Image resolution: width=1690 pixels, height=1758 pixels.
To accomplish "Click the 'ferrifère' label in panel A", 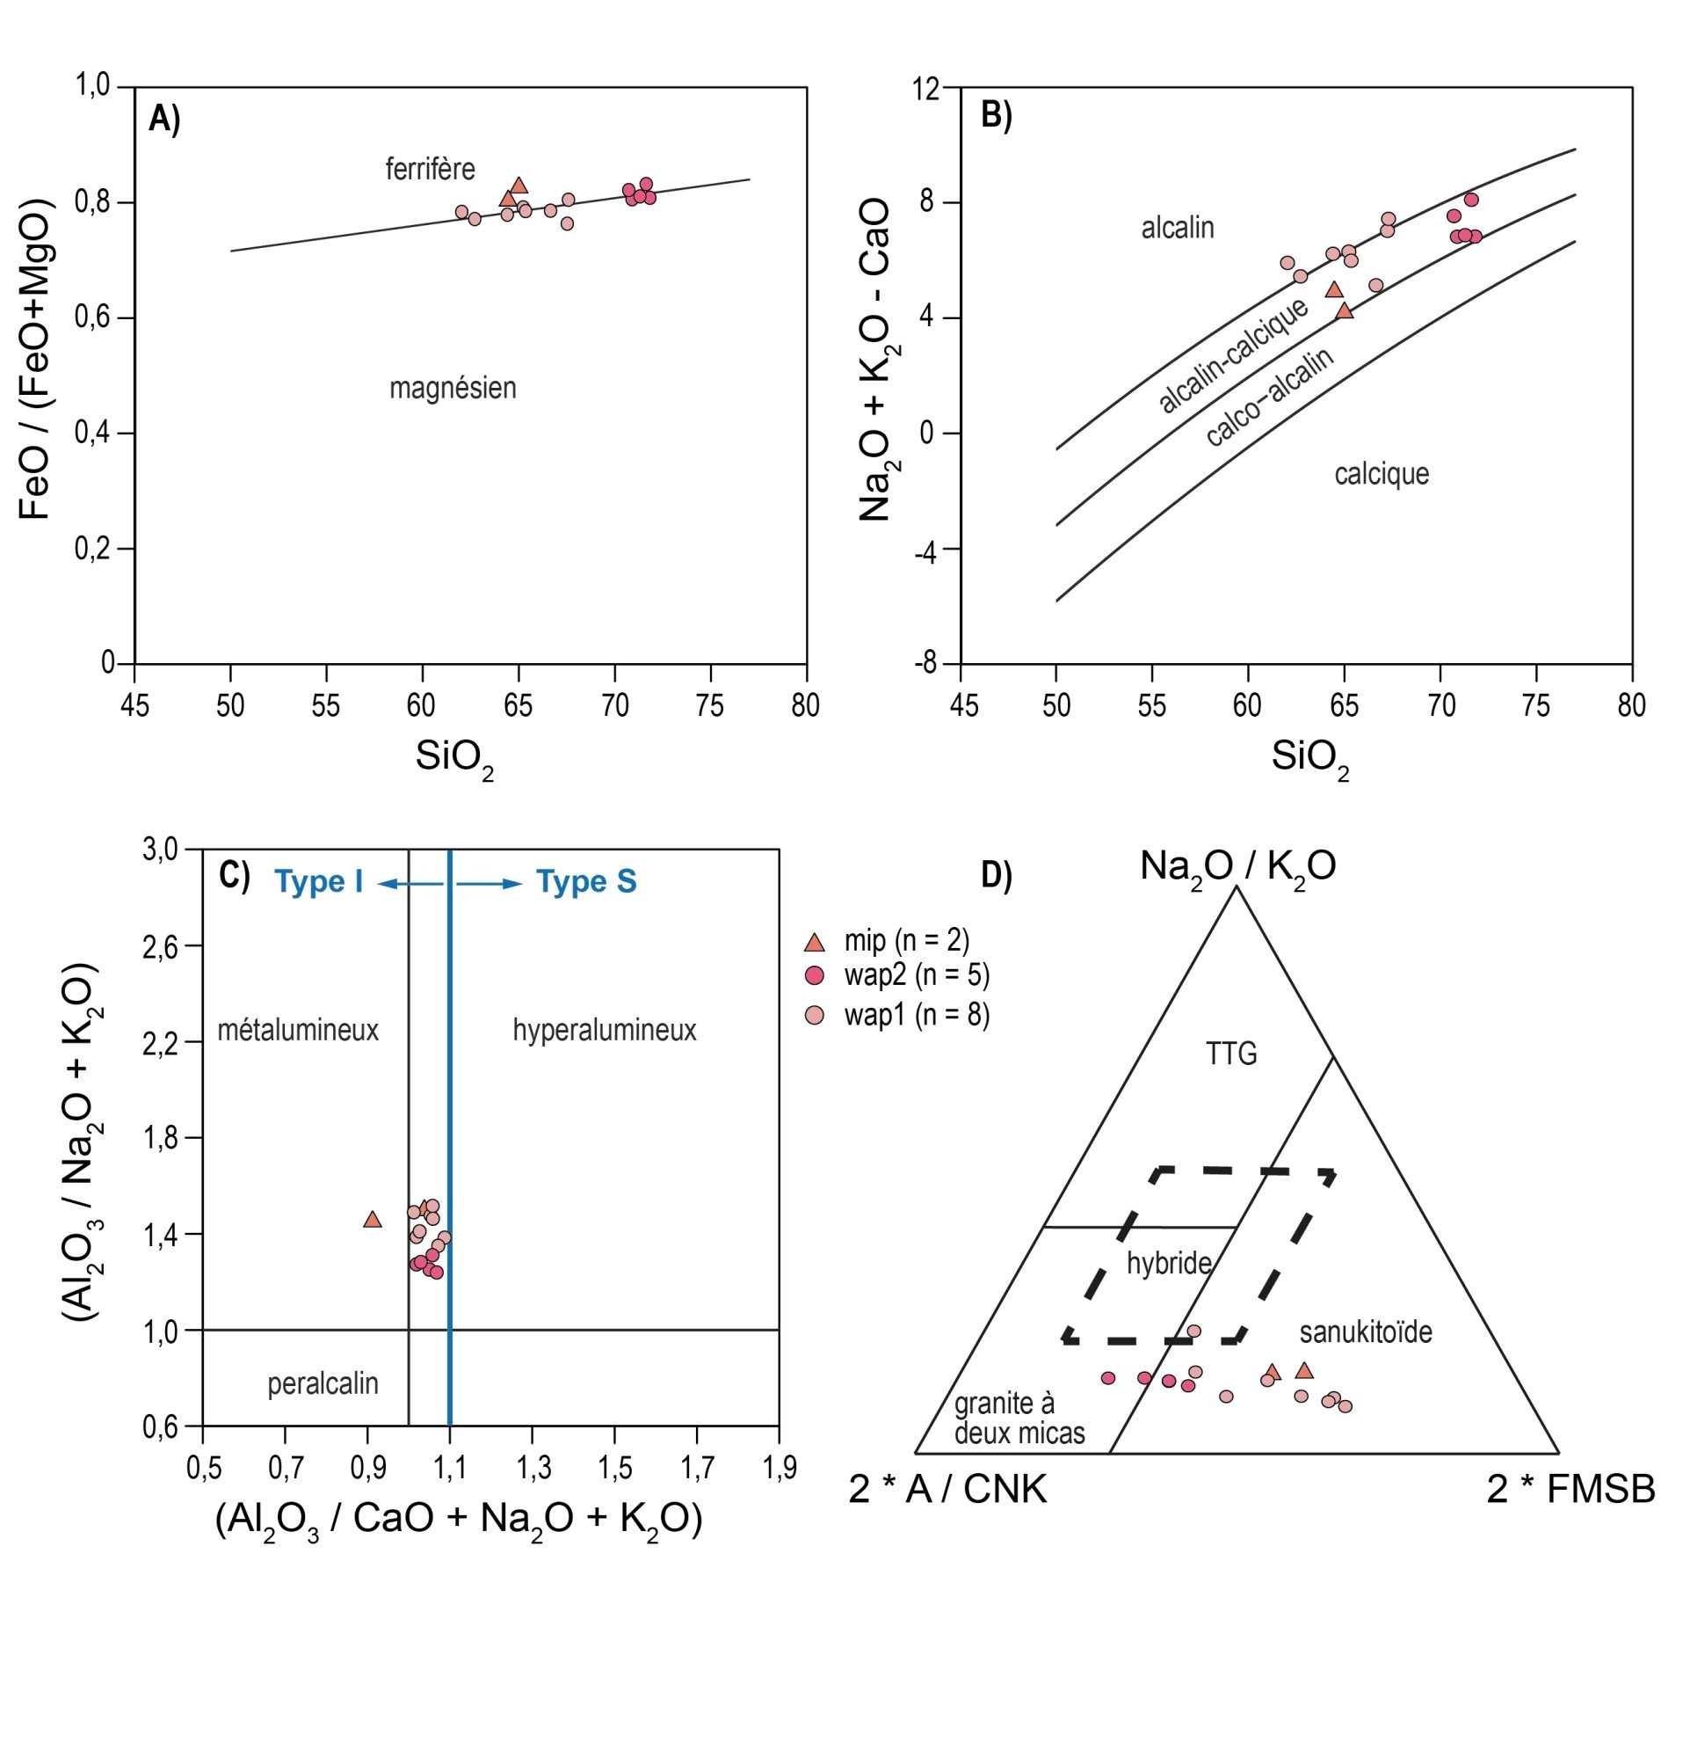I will tap(430, 169).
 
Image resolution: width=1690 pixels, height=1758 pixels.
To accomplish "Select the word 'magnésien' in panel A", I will tap(452, 389).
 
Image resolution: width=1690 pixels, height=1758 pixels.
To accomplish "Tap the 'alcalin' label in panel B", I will tap(1176, 228).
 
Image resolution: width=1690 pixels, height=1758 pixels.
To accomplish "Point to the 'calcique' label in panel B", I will tap(1381, 474).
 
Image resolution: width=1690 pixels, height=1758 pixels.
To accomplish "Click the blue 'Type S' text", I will tap(586, 882).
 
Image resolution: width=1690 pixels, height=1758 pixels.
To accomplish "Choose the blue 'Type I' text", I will tap(318, 882).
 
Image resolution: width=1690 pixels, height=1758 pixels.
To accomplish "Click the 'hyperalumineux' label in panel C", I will tap(605, 1030).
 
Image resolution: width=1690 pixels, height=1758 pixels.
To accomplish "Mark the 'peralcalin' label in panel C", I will tap(323, 1383).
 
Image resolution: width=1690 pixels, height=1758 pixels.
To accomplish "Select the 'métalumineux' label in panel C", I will tap(298, 1030).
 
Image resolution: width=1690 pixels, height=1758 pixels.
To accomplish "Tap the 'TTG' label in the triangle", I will tap(1231, 1053).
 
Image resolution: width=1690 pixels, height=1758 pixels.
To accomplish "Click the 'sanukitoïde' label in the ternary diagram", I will tap(1365, 1332).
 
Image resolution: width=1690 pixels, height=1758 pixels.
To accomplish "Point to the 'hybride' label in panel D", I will tap(1168, 1263).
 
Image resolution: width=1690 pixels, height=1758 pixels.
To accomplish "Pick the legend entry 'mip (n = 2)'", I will tap(905, 940).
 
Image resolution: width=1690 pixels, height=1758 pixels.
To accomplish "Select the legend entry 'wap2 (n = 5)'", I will tap(917, 976).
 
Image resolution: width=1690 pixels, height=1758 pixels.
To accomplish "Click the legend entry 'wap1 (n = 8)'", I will tap(917, 1016).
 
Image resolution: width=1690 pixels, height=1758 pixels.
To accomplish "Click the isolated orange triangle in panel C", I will tap(372, 1220).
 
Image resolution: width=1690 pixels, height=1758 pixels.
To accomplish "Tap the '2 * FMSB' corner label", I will tap(1570, 1489).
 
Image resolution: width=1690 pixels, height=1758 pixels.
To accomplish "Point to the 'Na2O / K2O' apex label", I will tap(1237, 865).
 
